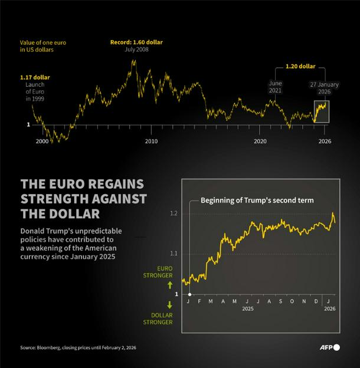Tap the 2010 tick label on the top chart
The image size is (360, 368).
tap(151, 142)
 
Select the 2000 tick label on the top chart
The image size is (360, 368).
tap(42, 142)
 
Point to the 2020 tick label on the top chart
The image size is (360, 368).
tap(260, 142)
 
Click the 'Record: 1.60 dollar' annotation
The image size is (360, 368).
tap(136, 42)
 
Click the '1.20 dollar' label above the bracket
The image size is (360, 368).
tap(300, 67)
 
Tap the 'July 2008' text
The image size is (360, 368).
tap(136, 51)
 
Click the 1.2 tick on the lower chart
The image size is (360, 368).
tap(174, 213)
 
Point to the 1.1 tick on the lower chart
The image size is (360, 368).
tap(174, 254)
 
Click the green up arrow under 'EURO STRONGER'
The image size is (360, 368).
tap(168, 284)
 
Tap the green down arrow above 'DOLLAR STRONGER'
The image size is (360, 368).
tap(168, 304)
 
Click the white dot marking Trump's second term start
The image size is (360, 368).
tap(189, 293)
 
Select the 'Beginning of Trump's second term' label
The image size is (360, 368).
tap(257, 201)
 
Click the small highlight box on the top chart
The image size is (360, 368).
tap(321, 111)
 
